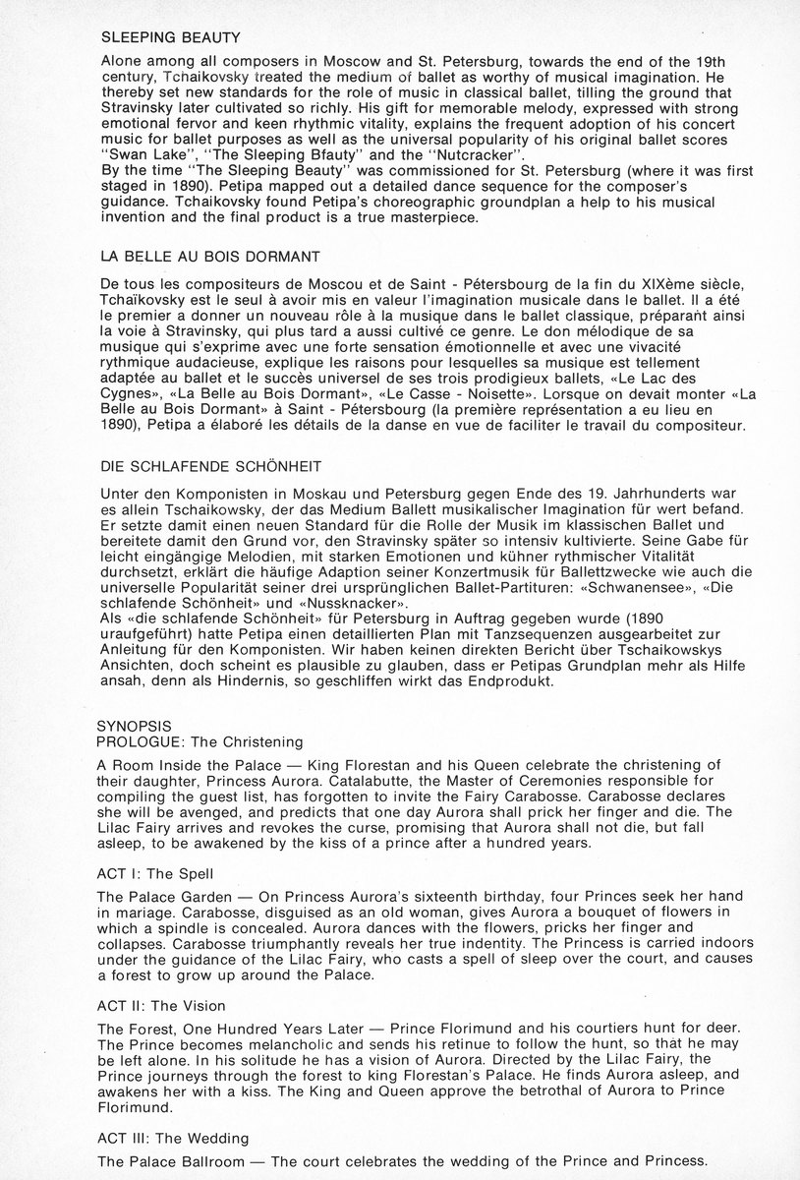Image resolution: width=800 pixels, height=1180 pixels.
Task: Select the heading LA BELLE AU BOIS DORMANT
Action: click(x=210, y=257)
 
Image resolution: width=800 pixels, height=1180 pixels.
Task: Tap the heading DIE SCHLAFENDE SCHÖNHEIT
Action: click(x=212, y=463)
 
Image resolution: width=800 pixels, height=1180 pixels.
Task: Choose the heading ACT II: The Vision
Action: click(x=163, y=1006)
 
